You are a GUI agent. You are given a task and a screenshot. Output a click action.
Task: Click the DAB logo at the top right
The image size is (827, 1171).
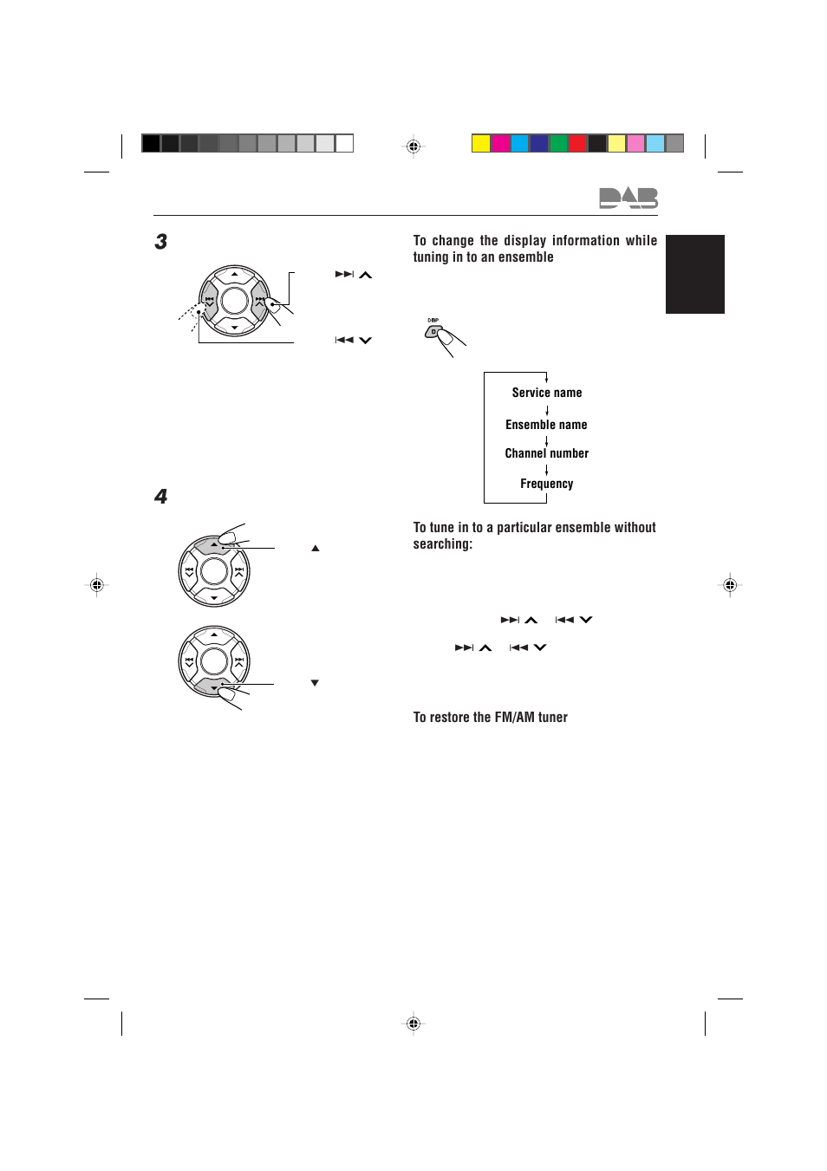[628, 198]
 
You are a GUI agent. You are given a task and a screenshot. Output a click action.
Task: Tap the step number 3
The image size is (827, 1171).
[161, 242]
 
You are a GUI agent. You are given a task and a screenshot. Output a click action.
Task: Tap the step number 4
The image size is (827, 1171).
[161, 497]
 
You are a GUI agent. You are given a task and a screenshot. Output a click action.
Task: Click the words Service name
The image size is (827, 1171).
[547, 393]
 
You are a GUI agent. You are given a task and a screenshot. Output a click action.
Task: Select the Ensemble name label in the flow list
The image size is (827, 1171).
[546, 425]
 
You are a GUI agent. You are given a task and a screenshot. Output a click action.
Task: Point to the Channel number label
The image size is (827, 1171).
[546, 453]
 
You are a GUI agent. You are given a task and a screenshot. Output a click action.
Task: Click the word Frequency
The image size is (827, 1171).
[546, 484]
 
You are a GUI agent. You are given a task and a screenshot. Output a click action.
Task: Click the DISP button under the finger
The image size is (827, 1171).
[433, 331]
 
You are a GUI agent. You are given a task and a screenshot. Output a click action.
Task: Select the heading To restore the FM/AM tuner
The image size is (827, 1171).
[490, 718]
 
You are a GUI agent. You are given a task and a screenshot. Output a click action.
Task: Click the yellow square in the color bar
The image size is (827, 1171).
[481, 144]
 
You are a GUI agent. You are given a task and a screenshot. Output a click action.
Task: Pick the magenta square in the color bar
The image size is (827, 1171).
[500, 144]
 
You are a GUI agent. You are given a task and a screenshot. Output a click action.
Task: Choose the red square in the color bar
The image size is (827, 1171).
[577, 144]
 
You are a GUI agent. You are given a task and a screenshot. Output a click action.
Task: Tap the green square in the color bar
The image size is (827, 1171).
[558, 144]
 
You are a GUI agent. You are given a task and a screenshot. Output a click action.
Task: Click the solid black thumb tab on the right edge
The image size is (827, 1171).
[694, 274]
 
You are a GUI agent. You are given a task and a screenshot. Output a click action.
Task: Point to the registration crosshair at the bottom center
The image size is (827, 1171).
[413, 1024]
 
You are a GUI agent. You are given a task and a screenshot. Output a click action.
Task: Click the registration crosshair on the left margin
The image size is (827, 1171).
[97, 585]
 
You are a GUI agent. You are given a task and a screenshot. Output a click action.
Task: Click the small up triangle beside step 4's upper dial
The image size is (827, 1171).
[316, 549]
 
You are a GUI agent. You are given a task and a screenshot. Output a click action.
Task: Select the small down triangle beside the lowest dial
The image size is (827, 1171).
[315, 683]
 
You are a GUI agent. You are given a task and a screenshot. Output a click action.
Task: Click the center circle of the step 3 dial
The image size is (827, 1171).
[235, 301]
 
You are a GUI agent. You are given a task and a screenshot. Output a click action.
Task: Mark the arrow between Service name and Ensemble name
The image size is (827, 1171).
[547, 409]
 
